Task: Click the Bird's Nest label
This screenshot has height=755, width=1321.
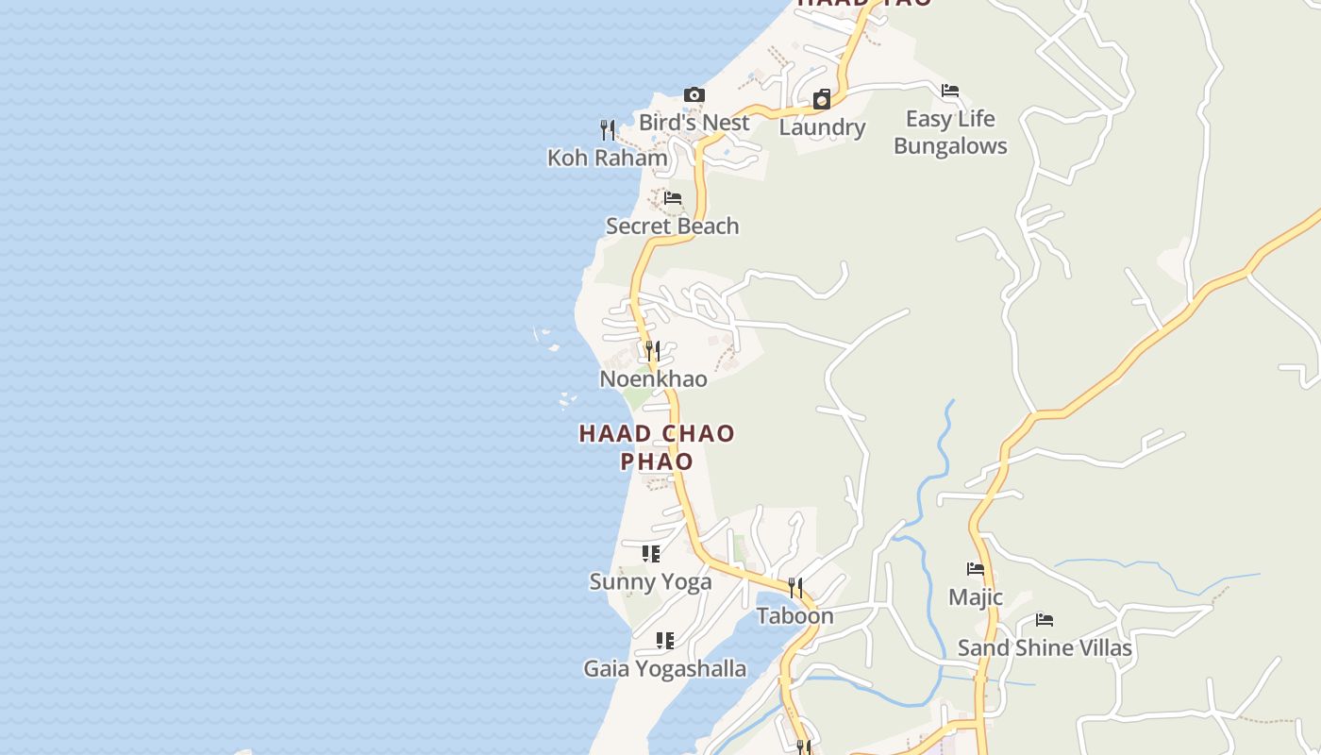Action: (694, 123)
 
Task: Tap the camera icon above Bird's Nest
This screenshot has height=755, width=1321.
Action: (694, 95)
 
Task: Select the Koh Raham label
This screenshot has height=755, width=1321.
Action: (608, 158)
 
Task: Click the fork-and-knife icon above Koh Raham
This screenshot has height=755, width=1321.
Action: (608, 130)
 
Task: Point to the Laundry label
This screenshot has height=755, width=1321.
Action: (822, 127)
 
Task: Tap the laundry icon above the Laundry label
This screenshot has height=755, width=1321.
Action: (822, 100)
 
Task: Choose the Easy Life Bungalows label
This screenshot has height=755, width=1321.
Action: (950, 132)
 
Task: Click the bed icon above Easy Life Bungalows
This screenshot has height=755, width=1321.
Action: (950, 91)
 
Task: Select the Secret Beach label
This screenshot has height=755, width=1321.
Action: (673, 226)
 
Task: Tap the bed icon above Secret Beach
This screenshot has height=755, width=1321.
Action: (673, 198)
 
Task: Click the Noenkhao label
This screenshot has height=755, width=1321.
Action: (653, 379)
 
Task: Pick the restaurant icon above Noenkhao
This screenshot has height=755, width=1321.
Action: (652, 351)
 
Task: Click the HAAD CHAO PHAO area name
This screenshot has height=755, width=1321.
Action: (657, 447)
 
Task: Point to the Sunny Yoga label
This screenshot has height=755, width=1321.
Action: (650, 582)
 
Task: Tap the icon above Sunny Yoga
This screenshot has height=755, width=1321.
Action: (650, 554)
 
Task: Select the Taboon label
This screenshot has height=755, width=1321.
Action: (795, 616)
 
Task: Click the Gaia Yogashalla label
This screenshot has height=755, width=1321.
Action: (665, 669)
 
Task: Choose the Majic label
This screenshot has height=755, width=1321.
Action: (976, 597)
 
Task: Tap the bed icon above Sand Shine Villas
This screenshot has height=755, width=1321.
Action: (1045, 620)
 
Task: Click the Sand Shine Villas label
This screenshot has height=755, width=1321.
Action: (1045, 648)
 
